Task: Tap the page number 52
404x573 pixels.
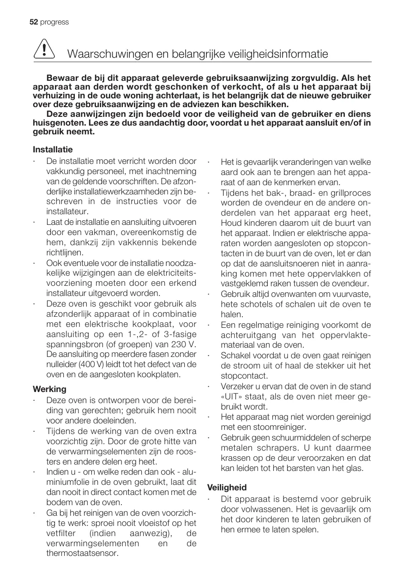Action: click(33, 22)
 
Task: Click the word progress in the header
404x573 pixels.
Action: click(54, 22)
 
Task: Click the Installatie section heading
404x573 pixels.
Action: click(53, 150)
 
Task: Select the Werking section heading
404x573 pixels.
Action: click(49, 389)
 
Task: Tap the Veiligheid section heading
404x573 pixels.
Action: click(227, 488)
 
